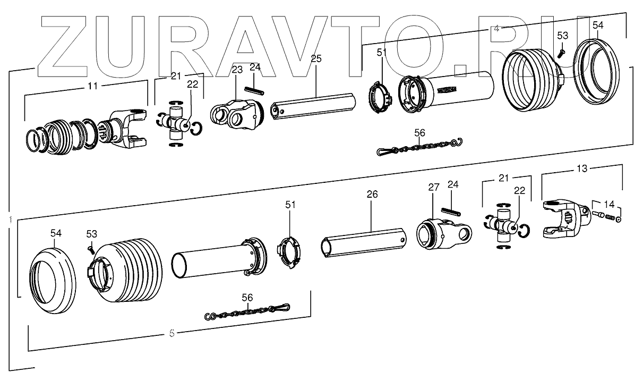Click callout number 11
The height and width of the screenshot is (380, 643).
93,85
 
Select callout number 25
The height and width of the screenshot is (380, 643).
316,59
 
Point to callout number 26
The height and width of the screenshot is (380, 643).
372,195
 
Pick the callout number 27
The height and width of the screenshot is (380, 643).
434,187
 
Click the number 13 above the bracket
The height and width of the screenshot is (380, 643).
582,168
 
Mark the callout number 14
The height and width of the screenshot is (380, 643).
608,204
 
